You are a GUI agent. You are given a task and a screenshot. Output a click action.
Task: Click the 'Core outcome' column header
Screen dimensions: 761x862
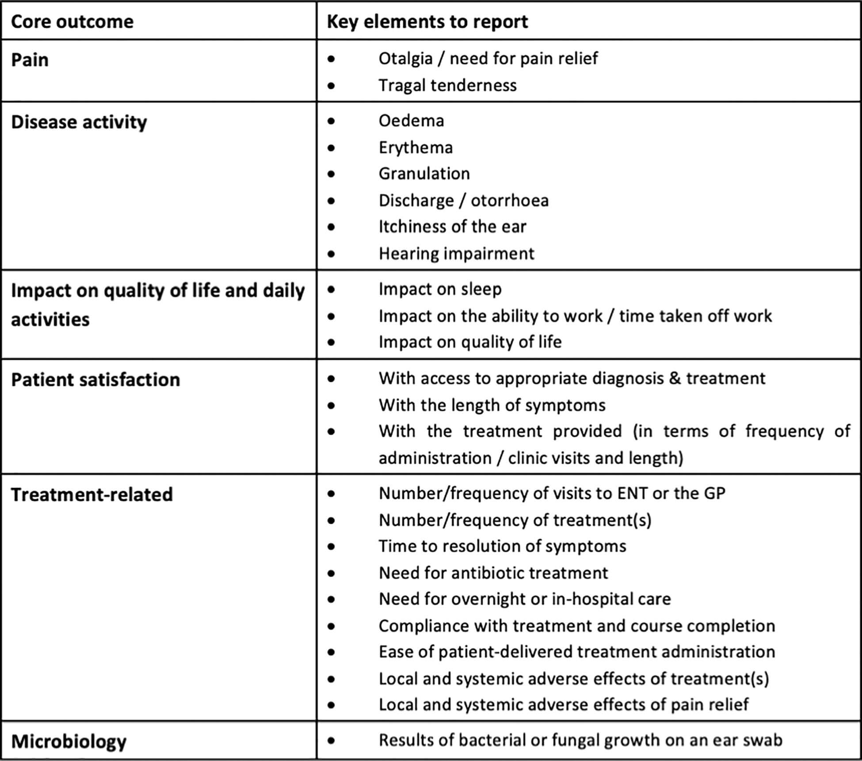[x=72, y=22]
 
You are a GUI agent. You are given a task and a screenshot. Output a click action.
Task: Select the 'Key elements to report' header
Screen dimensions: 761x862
[x=427, y=22]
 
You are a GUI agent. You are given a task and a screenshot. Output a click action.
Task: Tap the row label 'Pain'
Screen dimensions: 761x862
[x=30, y=60]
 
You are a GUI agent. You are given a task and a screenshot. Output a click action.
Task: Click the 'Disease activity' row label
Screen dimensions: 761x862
[x=79, y=122]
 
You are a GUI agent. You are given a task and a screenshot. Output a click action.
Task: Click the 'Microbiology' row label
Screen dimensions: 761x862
[x=69, y=742]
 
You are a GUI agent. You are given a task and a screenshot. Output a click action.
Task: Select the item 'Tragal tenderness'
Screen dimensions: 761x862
[x=447, y=85]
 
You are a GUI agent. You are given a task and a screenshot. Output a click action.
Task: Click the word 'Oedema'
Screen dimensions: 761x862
[x=411, y=121]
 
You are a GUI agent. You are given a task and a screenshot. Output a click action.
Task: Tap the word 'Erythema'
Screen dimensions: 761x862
[x=416, y=148]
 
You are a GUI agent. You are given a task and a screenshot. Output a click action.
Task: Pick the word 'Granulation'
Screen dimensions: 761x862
[x=424, y=174]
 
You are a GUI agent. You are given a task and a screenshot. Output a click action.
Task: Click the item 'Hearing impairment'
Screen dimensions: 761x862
[x=456, y=254]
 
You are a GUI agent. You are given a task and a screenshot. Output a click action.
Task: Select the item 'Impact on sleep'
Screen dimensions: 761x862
[x=440, y=289]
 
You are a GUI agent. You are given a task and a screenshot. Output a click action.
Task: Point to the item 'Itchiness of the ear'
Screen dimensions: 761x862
[x=452, y=227]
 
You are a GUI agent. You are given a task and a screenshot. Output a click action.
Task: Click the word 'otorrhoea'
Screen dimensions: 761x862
[x=509, y=201]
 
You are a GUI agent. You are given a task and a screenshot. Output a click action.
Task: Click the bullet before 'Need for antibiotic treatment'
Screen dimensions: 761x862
[x=332, y=574]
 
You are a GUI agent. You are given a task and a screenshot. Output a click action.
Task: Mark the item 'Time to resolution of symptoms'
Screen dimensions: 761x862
[x=502, y=546]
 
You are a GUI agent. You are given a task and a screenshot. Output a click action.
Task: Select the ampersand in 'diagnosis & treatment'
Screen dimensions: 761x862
[x=675, y=378]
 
